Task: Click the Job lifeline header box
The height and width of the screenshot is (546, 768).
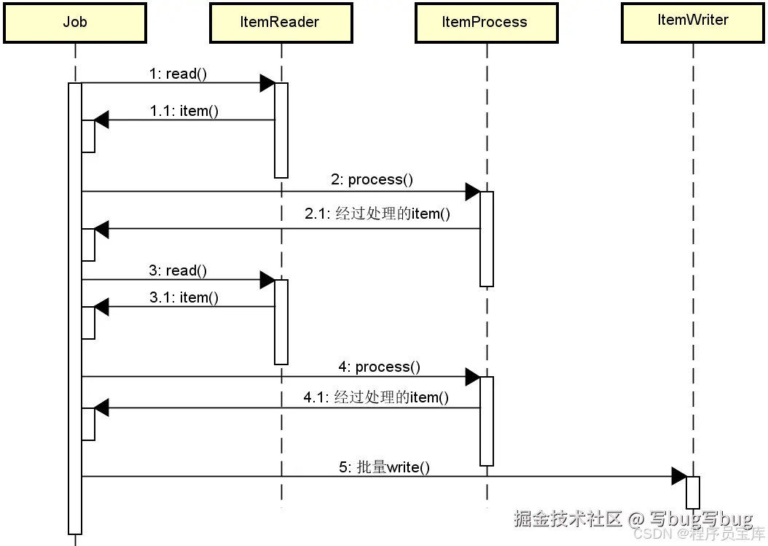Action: click(74, 23)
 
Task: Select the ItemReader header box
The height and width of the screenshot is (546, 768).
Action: click(281, 23)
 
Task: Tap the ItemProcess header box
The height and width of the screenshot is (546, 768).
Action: click(485, 23)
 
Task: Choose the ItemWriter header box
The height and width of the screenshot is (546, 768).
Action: click(692, 21)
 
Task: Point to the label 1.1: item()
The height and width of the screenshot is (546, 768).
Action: click(184, 111)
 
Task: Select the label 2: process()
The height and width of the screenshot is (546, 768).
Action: click(372, 179)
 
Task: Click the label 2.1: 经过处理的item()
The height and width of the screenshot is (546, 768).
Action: click(377, 214)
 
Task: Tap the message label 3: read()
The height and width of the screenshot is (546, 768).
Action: click(178, 270)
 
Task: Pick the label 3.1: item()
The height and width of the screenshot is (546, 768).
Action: click(184, 297)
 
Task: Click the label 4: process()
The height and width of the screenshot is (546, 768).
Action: click(379, 367)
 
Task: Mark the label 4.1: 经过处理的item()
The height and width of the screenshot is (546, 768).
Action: click(376, 397)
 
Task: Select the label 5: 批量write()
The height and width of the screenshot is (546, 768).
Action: click(384, 467)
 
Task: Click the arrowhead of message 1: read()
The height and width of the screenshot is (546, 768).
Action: click(267, 83)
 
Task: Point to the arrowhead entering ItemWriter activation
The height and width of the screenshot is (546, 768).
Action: click(678, 477)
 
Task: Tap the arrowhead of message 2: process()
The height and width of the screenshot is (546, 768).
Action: click(473, 192)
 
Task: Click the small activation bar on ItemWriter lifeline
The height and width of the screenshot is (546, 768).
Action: click(692, 492)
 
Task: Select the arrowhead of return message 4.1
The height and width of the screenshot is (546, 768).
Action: click(101, 408)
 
